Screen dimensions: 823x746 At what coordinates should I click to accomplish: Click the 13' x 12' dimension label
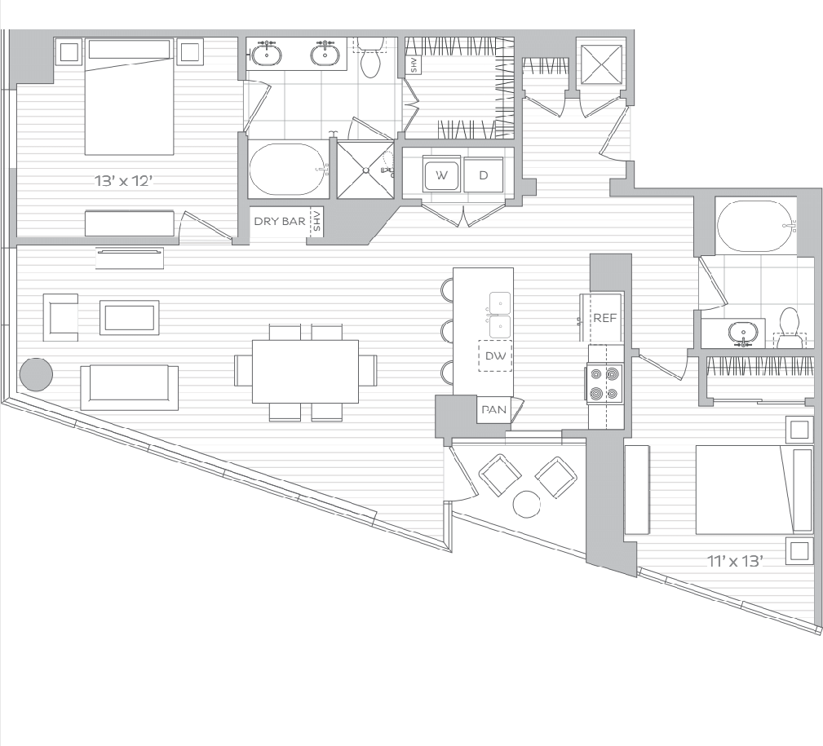click(x=123, y=181)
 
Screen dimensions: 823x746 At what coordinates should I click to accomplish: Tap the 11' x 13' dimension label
click(x=735, y=562)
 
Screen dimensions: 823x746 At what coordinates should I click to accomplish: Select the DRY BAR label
click(x=279, y=222)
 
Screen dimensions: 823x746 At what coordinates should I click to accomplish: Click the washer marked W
click(x=441, y=176)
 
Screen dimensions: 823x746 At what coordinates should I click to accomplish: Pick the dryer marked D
click(x=484, y=176)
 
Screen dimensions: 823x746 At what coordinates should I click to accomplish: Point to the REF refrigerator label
click(x=604, y=318)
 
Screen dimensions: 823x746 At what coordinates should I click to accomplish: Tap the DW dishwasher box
click(x=495, y=356)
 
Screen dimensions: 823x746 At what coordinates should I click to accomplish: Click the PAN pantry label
click(x=494, y=410)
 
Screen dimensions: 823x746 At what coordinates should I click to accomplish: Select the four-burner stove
click(x=604, y=384)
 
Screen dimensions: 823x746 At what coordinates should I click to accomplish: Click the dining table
click(x=305, y=372)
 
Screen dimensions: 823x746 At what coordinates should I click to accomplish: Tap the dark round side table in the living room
click(x=36, y=374)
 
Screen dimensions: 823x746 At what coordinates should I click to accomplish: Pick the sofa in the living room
click(x=129, y=387)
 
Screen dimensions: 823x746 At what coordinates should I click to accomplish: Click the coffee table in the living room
click(x=129, y=317)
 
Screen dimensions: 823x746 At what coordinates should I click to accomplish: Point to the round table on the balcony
click(x=526, y=504)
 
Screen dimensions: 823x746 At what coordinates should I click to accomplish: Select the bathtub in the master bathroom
click(x=288, y=170)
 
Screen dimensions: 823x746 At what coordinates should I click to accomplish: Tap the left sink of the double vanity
click(x=267, y=53)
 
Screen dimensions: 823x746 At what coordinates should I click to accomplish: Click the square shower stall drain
click(x=365, y=170)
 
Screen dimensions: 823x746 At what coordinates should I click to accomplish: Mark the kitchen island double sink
click(x=500, y=314)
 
